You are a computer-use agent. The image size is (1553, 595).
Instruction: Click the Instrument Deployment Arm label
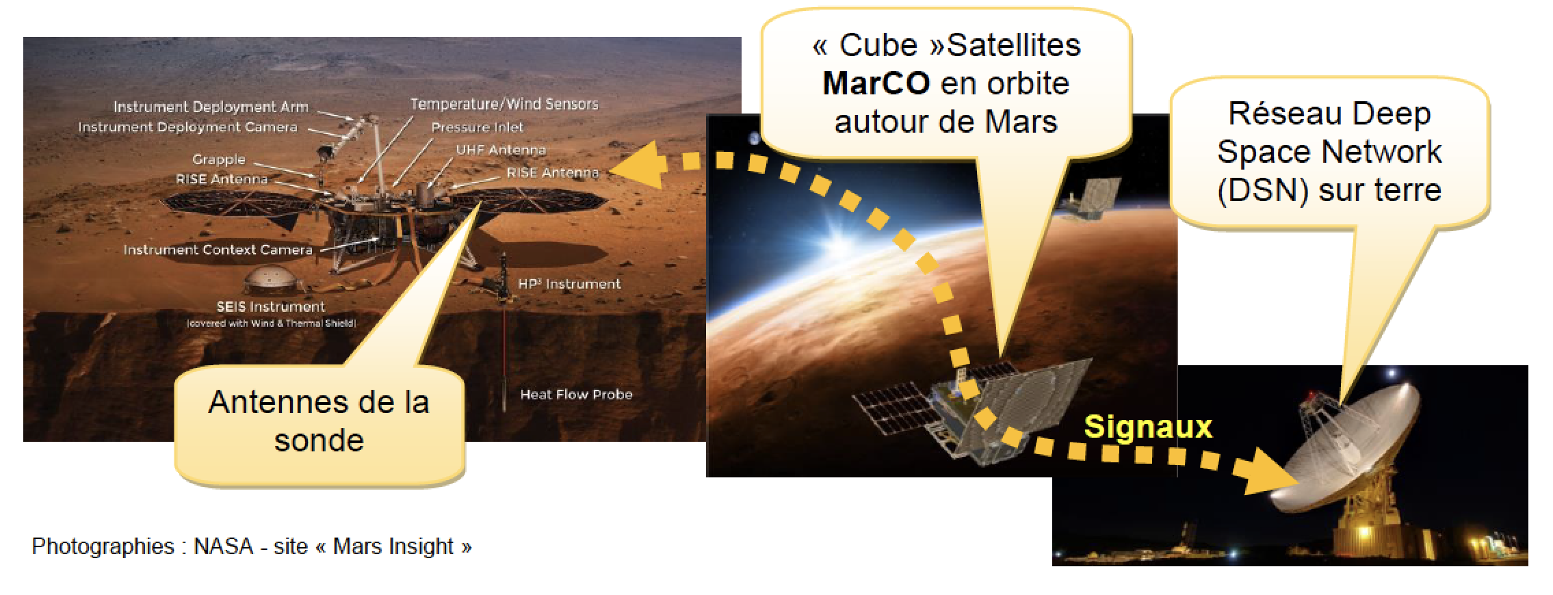pyautogui.click(x=211, y=107)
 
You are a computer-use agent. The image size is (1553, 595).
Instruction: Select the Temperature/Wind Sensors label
pyautogui.click(x=504, y=105)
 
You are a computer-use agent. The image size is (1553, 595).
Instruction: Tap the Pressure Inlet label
pyautogui.click(x=477, y=127)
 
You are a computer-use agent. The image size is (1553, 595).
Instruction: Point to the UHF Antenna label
pyautogui.click(x=501, y=150)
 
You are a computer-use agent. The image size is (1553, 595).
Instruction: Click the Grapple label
pyautogui.click(x=218, y=159)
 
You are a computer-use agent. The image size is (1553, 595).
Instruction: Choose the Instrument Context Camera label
pyautogui.click(x=218, y=250)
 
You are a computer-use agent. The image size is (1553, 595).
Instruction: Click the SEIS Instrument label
pyautogui.click(x=271, y=307)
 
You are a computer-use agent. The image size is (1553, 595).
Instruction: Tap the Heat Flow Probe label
pyautogui.click(x=576, y=395)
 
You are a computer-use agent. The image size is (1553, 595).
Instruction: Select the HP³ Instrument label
pyautogui.click(x=569, y=284)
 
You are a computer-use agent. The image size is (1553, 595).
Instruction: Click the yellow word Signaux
pyautogui.click(x=1148, y=427)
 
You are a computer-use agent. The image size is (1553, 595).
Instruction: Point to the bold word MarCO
pyautogui.click(x=876, y=83)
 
